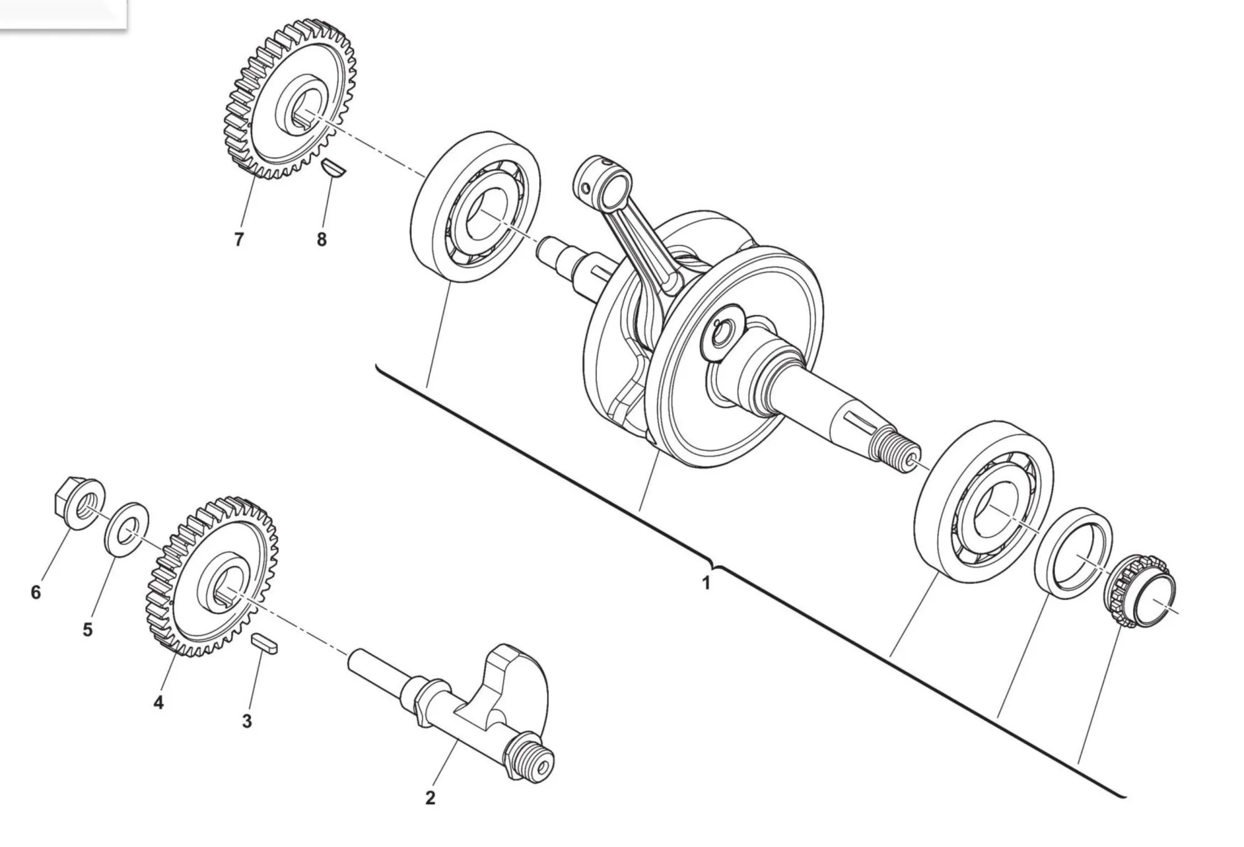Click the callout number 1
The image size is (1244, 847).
705,584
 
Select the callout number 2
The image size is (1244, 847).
430,798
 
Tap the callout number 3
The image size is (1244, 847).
247,721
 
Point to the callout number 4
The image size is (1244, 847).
159,703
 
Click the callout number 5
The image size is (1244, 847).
88,629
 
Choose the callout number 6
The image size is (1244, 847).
35,592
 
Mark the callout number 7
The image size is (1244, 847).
239,239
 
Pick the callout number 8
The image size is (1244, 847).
322,239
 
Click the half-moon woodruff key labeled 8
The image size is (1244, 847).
335,169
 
